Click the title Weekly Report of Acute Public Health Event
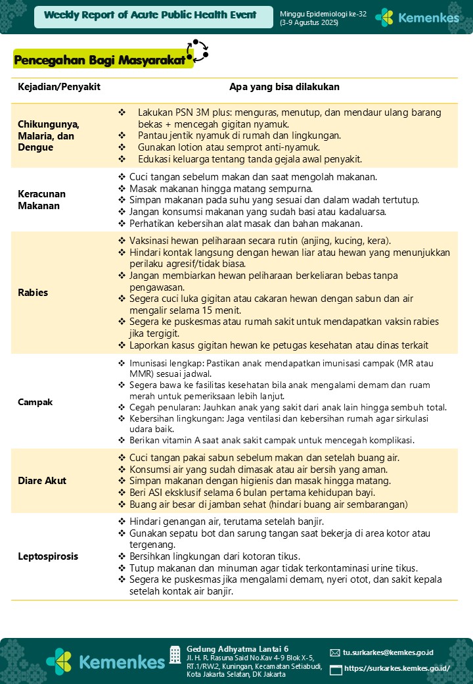[x=151, y=15]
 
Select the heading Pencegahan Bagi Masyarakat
[x=99, y=61]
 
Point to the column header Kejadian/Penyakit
[x=59, y=87]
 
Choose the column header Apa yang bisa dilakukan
[x=284, y=87]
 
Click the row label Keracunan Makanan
[x=42, y=200]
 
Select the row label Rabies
[x=33, y=292]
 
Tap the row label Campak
[x=35, y=402]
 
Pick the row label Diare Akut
[x=42, y=481]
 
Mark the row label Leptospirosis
[x=48, y=556]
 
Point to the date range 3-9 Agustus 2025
[x=309, y=22]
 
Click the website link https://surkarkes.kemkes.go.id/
[x=397, y=669]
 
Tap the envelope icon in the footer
[x=335, y=653]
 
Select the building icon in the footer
[x=175, y=654]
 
